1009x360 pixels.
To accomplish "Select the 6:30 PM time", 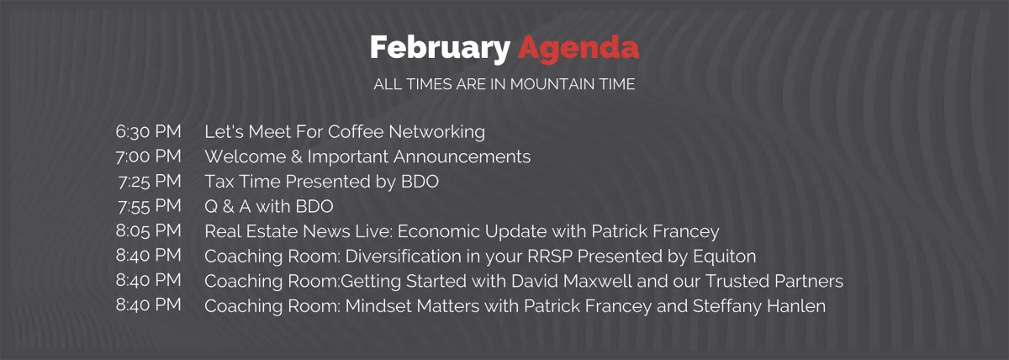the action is click(x=148, y=131).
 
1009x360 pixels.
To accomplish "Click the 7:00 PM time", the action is click(x=148, y=156).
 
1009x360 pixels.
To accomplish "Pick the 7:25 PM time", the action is click(x=150, y=181).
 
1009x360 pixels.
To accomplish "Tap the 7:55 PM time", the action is click(x=150, y=206).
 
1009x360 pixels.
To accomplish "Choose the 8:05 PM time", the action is click(x=148, y=230).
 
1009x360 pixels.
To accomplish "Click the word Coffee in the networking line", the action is click(x=356, y=131).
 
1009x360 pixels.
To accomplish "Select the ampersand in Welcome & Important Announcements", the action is click(x=296, y=156).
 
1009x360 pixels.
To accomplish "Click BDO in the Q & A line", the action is click(x=314, y=206).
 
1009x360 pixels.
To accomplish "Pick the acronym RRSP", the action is click(x=550, y=256).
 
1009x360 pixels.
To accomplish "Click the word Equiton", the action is click(x=724, y=256).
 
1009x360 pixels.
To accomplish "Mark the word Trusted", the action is click(x=737, y=281).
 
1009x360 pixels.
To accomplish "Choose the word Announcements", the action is click(x=462, y=156).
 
